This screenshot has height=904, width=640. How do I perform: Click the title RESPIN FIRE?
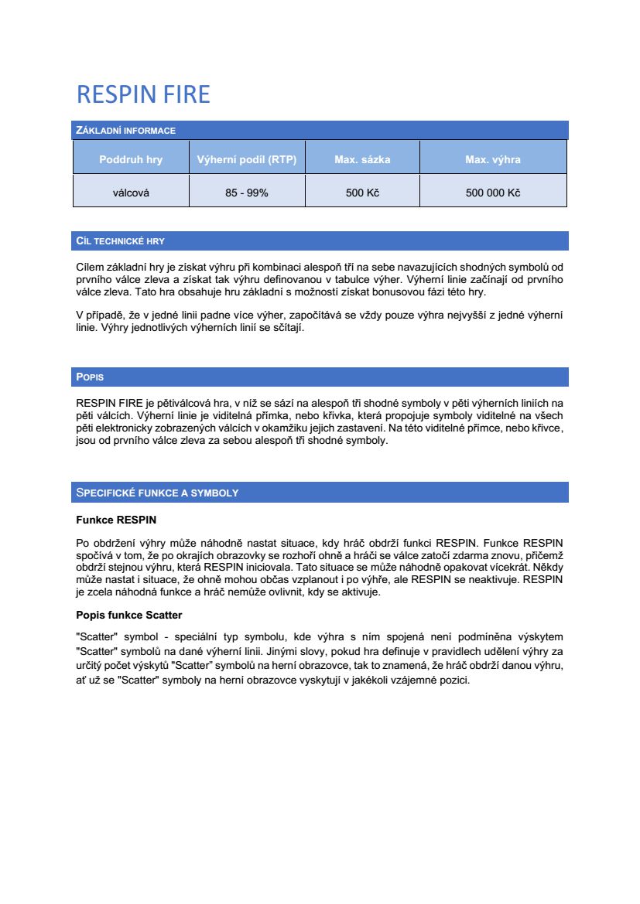(143, 94)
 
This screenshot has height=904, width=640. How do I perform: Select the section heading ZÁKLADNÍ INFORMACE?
(125, 131)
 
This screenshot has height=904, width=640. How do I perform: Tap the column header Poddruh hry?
(131, 160)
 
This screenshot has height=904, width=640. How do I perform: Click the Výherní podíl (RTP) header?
(247, 160)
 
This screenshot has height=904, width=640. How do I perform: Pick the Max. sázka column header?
(362, 160)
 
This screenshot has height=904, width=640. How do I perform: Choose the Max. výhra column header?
(493, 160)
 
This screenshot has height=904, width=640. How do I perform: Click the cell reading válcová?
(131, 193)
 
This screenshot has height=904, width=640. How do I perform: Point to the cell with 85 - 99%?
(247, 193)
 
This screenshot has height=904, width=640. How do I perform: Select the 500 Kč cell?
(362, 193)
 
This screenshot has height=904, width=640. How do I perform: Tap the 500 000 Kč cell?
(493, 193)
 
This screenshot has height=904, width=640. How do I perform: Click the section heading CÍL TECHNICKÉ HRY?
(121, 241)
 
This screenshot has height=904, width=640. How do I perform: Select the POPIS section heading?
(90, 377)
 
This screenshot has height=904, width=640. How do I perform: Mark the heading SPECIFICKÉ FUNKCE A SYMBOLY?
(157, 493)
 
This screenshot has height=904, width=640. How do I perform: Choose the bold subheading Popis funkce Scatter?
(129, 615)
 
